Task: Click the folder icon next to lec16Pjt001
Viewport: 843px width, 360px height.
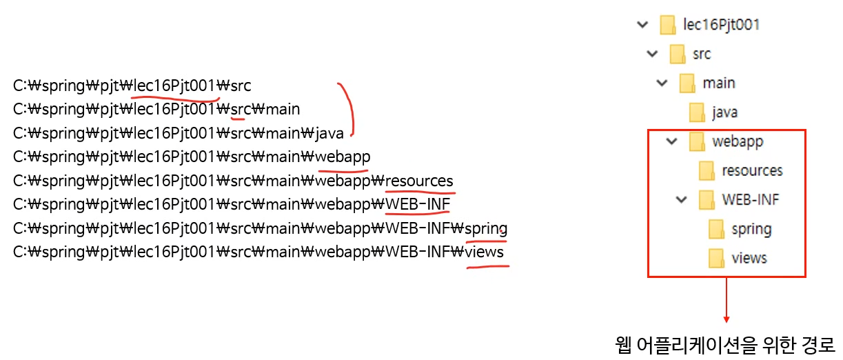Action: point(667,25)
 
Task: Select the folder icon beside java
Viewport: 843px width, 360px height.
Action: point(697,112)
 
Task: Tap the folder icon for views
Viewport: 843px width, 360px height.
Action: point(717,258)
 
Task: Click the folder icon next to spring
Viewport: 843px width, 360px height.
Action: point(717,229)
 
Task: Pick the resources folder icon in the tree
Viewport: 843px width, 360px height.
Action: point(707,170)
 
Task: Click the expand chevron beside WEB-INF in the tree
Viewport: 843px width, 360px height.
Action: point(682,200)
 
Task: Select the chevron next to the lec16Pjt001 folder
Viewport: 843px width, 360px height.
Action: point(643,25)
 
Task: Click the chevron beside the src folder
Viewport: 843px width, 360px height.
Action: point(653,54)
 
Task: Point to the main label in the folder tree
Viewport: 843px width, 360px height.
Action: point(719,83)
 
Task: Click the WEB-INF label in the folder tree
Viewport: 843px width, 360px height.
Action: point(751,200)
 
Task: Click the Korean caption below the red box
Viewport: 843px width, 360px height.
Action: point(724,343)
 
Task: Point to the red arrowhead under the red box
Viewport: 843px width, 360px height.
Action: point(726,319)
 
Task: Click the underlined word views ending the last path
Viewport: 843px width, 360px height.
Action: point(485,252)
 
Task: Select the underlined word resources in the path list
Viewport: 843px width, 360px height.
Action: point(420,181)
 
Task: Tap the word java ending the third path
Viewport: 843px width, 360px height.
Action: point(330,133)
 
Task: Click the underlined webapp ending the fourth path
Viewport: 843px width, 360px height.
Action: point(343,157)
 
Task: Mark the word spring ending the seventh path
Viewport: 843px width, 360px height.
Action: point(486,228)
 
